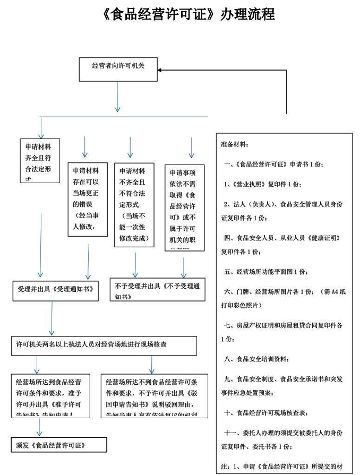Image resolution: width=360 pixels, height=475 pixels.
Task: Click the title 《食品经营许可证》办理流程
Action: [188, 14]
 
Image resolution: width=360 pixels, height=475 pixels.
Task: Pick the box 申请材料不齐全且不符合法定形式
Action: [134, 204]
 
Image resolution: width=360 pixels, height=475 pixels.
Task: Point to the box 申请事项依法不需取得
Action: [184, 206]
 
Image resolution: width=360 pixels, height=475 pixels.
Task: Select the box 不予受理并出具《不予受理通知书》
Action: [157, 290]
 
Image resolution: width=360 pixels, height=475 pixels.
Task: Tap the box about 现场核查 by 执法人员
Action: [105, 345]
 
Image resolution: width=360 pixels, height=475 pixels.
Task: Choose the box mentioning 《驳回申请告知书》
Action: [154, 396]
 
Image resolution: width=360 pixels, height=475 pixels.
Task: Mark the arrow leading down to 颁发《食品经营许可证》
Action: [39, 428]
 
